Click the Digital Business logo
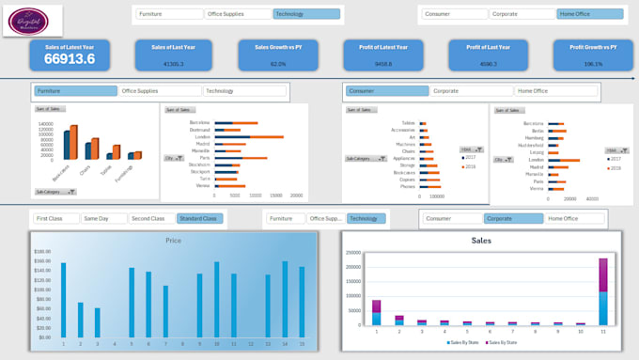[35, 19]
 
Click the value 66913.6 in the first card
[69, 59]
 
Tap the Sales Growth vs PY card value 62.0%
[278, 64]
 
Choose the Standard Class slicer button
[199, 218]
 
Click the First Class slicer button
[55, 218]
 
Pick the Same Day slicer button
[102, 218]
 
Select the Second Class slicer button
[150, 218]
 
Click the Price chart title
[173, 241]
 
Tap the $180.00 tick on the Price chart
[42, 252]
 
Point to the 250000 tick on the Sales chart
[353, 253]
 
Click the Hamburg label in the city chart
[534, 137]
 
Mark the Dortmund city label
[199, 130]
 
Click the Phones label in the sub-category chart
[407, 186]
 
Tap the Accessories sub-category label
[401, 130]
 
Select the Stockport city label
[198, 171]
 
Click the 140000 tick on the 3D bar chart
[46, 124]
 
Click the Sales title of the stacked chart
[480, 241]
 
